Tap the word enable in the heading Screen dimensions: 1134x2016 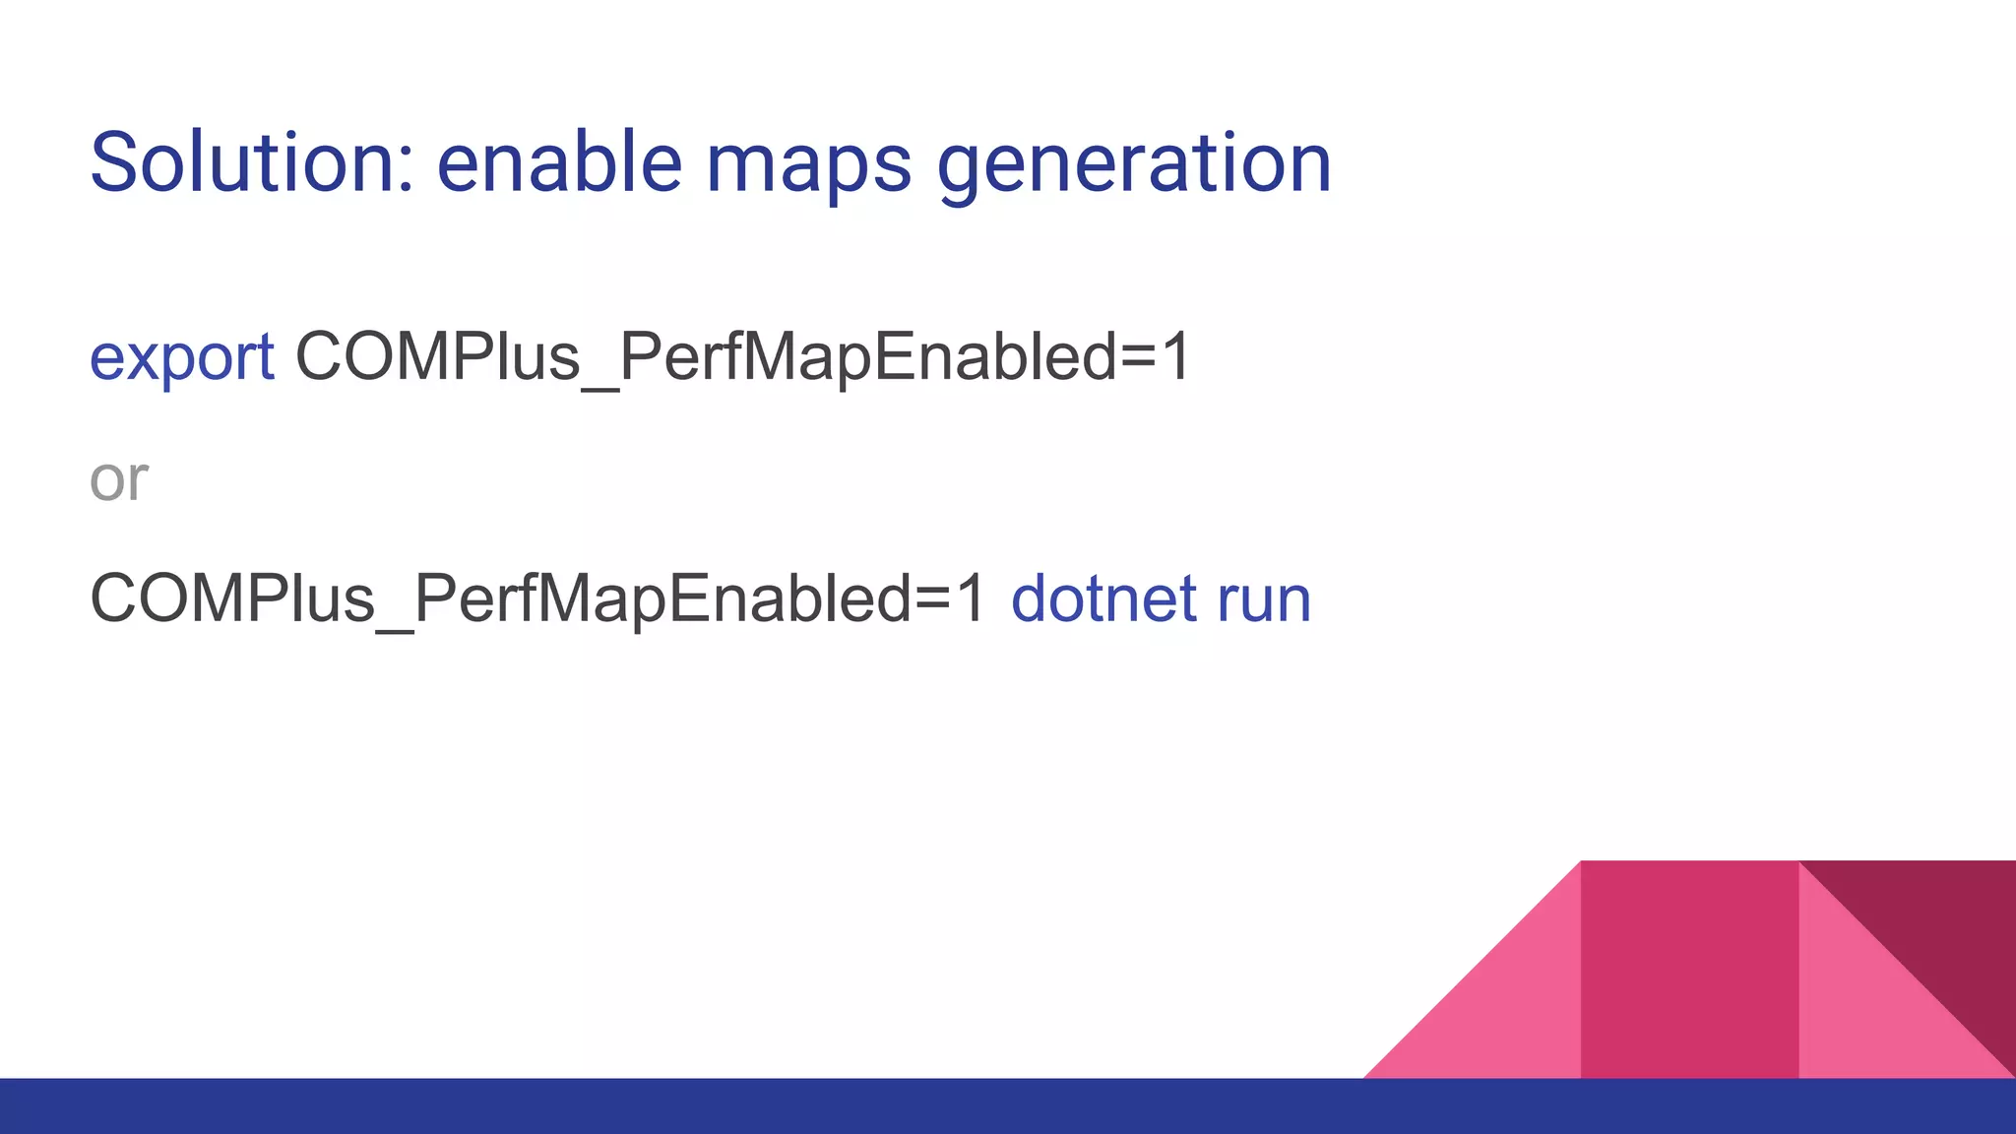tap(559, 162)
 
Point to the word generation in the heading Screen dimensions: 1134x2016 tap(1134, 164)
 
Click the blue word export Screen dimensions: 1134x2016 tap(182, 357)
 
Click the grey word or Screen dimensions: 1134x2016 tap(118, 479)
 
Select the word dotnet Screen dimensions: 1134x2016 tap(1103, 598)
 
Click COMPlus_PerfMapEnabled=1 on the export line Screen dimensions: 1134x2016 tap(743, 357)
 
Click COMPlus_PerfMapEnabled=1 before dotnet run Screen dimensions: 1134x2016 tap(537, 598)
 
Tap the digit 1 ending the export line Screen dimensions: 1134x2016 tap(1175, 356)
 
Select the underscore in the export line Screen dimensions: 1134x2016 tap(600, 388)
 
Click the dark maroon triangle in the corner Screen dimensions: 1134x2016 tap(1944, 925)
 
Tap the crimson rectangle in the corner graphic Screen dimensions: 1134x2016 tap(1689, 970)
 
